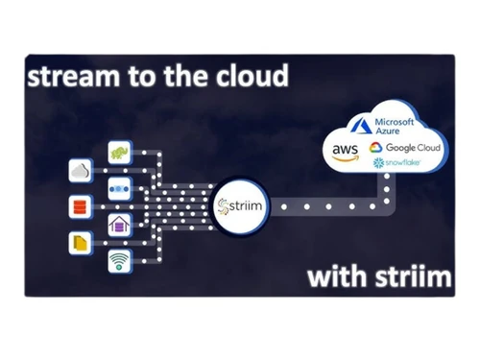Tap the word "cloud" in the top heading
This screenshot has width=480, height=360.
(x=250, y=77)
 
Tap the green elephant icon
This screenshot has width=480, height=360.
(x=121, y=154)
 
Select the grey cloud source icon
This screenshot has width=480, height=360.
(x=80, y=171)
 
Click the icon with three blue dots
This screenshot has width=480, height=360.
(x=121, y=188)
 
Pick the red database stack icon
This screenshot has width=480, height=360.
(x=80, y=206)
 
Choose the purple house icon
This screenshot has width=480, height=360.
(x=121, y=224)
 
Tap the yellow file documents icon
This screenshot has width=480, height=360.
(x=80, y=242)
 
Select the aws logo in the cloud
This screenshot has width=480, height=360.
(x=345, y=150)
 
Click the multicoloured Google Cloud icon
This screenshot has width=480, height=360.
(x=376, y=148)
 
